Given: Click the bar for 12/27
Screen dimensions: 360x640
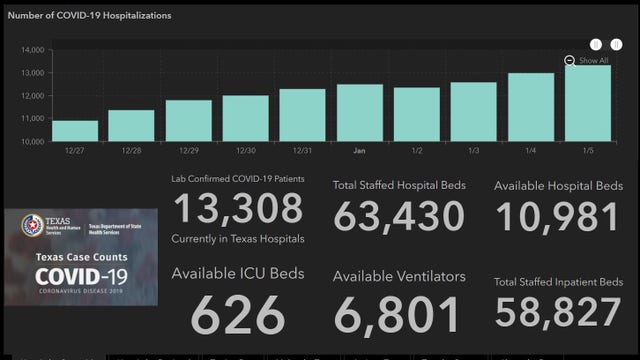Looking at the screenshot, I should click(x=75, y=131).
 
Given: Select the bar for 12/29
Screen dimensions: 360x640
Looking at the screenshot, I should click(x=189, y=121).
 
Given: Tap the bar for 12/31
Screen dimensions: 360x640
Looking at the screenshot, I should click(x=302, y=115).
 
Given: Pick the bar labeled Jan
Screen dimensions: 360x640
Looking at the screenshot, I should click(x=359, y=113).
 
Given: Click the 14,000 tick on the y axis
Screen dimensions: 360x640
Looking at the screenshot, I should click(x=31, y=50).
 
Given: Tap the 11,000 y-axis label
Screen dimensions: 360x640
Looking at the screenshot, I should click(x=31, y=119).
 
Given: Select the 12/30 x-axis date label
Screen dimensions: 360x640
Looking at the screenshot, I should click(x=245, y=151).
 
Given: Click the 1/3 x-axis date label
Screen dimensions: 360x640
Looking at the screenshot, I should click(x=473, y=151).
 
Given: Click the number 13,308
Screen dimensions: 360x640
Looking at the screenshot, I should click(x=239, y=209).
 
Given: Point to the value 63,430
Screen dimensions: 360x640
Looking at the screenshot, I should click(x=398, y=215).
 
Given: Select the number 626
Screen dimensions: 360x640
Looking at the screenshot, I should click(x=239, y=315).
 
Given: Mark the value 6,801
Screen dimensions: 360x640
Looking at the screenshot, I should click(x=398, y=315).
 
